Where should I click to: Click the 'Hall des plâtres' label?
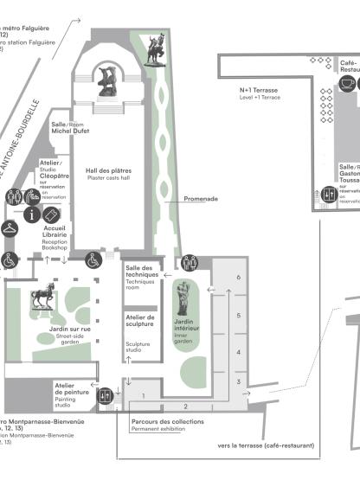coord(108,173)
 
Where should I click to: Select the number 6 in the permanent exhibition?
coord(238,278)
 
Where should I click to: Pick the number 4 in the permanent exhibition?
coord(238,352)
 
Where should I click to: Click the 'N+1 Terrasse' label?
coord(259,89)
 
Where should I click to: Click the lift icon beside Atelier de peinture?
coord(106,396)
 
